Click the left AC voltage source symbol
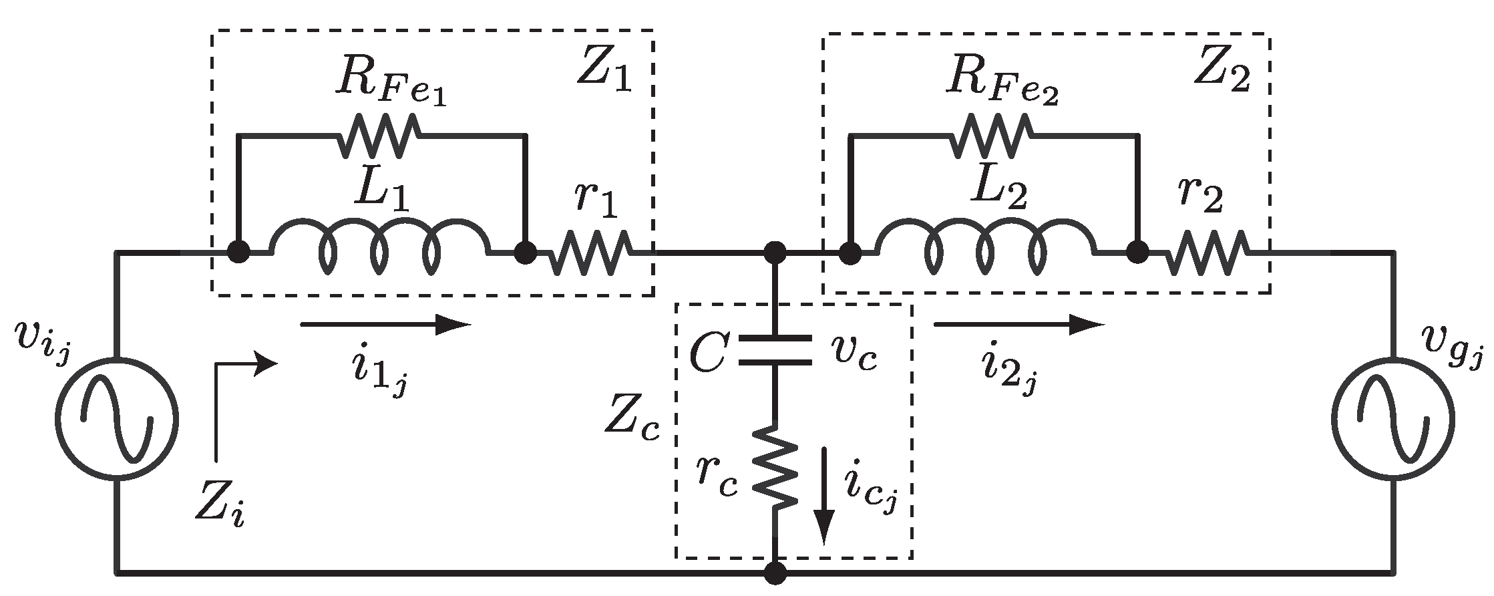click(116, 419)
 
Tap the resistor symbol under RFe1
click(381, 135)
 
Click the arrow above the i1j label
click(385, 325)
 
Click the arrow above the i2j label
click(1018, 325)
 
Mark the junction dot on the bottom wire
click(775, 573)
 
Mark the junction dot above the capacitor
click(775, 253)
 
